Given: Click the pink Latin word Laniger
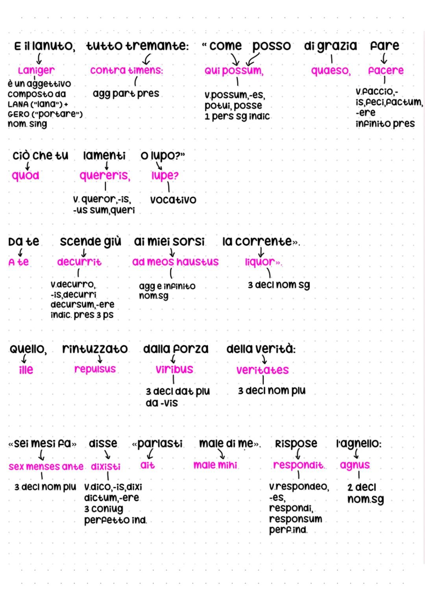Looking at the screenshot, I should point(36,70).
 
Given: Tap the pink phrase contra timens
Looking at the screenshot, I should point(126,70).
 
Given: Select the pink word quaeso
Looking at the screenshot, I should point(331,70).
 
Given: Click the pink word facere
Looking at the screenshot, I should point(386,70).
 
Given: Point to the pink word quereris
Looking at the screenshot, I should point(105,176).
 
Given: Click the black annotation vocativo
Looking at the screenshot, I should point(173,200).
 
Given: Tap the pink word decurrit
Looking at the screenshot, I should point(79,262).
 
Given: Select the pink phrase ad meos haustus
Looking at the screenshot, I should point(176,262).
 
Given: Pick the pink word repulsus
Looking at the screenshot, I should point(95,369).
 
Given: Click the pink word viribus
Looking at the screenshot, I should point(174,370).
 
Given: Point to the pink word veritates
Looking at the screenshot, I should point(262,370).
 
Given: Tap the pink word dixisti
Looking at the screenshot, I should point(105,467).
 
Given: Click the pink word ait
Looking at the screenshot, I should point(148,465).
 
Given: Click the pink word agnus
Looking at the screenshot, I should point(355,465).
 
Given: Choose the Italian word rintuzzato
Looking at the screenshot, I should point(95,349).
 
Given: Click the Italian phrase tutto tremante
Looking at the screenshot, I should point(137,46).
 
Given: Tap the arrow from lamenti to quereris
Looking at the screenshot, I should point(106,166).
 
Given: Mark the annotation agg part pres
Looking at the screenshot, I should point(126,94).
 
